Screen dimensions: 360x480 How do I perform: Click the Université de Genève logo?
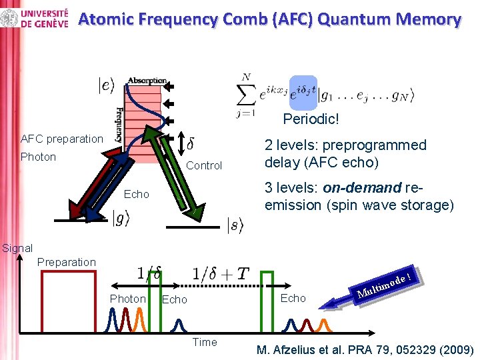coord(36,18)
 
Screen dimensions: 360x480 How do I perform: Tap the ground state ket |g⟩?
coord(121,217)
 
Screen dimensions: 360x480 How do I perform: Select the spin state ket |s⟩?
coord(236,225)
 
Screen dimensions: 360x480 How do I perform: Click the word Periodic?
coord(311,120)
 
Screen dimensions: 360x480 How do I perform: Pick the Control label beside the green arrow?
coord(204,165)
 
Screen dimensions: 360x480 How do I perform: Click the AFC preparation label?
coord(62,139)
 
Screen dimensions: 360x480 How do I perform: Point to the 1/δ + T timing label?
coord(220,273)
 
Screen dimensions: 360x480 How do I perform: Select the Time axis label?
coord(205,342)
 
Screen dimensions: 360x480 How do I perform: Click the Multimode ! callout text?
coord(387,283)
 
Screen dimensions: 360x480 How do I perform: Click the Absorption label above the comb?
coord(147,81)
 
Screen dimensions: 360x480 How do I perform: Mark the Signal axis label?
coord(17,248)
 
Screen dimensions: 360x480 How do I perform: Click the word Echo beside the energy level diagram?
coord(137,194)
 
